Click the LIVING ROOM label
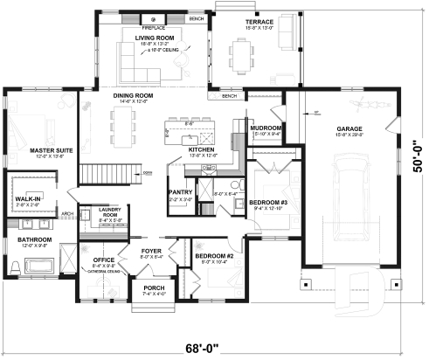tap(154, 38)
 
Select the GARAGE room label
tap(350, 129)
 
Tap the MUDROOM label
tap(266, 128)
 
